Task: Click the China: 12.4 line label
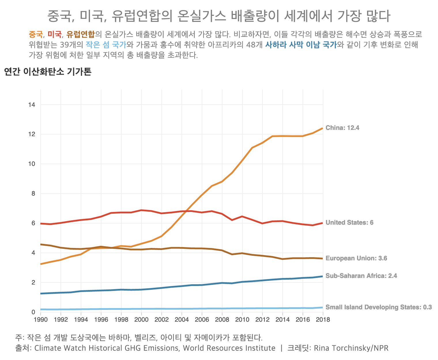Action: pyautogui.click(x=342, y=128)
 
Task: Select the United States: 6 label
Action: pyautogui.click(x=349, y=223)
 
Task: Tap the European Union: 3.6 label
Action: pyautogui.click(x=356, y=258)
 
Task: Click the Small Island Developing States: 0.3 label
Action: pyautogui.click(x=378, y=307)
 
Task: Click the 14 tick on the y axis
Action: pyautogui.click(x=32, y=105)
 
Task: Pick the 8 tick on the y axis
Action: pyautogui.click(x=33, y=194)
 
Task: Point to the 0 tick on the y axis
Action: pyautogui.click(x=33, y=312)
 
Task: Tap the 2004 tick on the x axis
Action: pyautogui.click(x=182, y=319)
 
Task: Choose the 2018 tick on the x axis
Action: pyautogui.click(x=323, y=319)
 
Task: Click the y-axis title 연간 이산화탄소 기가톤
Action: pyautogui.click(x=48, y=72)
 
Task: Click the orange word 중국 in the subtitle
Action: pyautogui.click(x=36, y=35)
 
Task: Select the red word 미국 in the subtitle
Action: pyautogui.click(x=55, y=35)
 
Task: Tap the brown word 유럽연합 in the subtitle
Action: pyautogui.click(x=80, y=35)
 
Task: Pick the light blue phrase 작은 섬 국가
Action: pyautogui.click(x=106, y=45)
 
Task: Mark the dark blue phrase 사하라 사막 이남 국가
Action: pyautogui.click(x=301, y=45)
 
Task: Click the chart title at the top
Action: pyautogui.click(x=219, y=16)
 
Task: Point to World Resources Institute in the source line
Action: pyautogui.click(x=229, y=348)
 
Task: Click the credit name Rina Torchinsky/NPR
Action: pyautogui.click(x=351, y=348)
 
